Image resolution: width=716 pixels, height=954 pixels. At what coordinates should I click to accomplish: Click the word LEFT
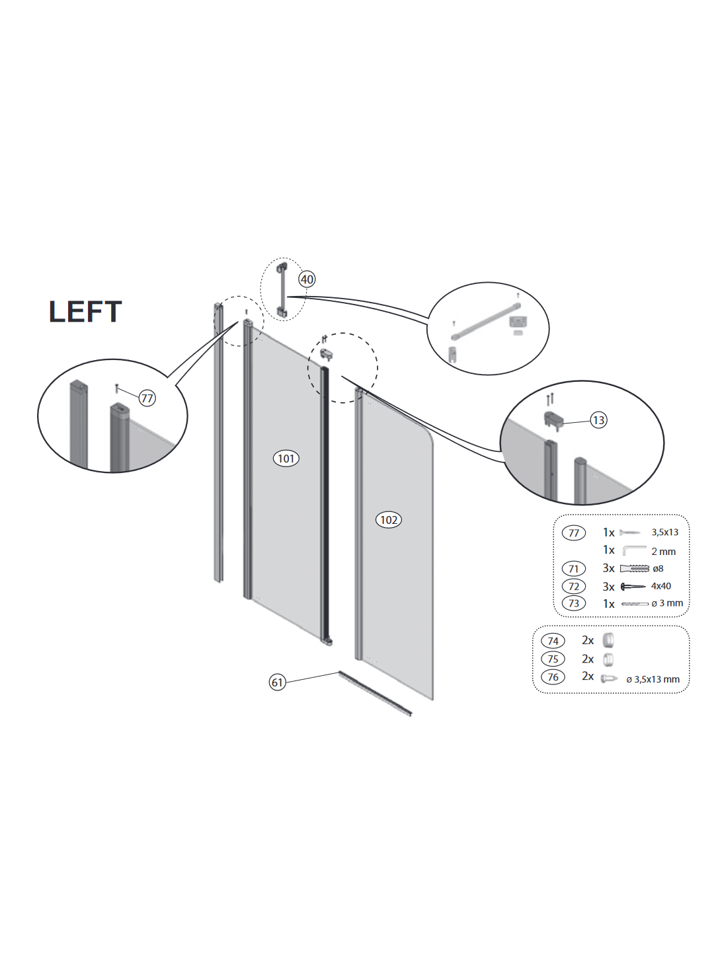85,311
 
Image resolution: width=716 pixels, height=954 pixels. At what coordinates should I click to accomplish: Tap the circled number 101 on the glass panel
286,458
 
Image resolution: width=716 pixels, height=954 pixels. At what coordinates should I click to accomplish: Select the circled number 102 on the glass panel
389,520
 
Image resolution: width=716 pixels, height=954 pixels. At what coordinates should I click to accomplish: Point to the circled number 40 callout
307,279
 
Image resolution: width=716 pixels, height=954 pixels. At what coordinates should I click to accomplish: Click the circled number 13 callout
598,420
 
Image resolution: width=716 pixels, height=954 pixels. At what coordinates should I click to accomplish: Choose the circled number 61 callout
278,682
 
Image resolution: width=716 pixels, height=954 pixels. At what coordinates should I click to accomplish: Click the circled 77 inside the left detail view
147,398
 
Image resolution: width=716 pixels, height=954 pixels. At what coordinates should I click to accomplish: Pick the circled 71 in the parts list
574,568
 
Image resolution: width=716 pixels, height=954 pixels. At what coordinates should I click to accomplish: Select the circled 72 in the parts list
574,586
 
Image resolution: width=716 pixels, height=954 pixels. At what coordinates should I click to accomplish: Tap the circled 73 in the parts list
574,603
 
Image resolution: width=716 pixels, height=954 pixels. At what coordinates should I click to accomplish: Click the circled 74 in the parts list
553,641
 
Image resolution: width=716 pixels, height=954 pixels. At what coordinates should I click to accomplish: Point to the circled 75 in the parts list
553,659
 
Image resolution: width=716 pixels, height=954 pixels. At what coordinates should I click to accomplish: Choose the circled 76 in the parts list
553,677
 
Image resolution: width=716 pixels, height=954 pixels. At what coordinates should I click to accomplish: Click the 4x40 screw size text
660,586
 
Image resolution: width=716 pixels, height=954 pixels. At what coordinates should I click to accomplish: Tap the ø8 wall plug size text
658,568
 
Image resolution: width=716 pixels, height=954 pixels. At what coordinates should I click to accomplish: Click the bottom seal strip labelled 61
375,694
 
